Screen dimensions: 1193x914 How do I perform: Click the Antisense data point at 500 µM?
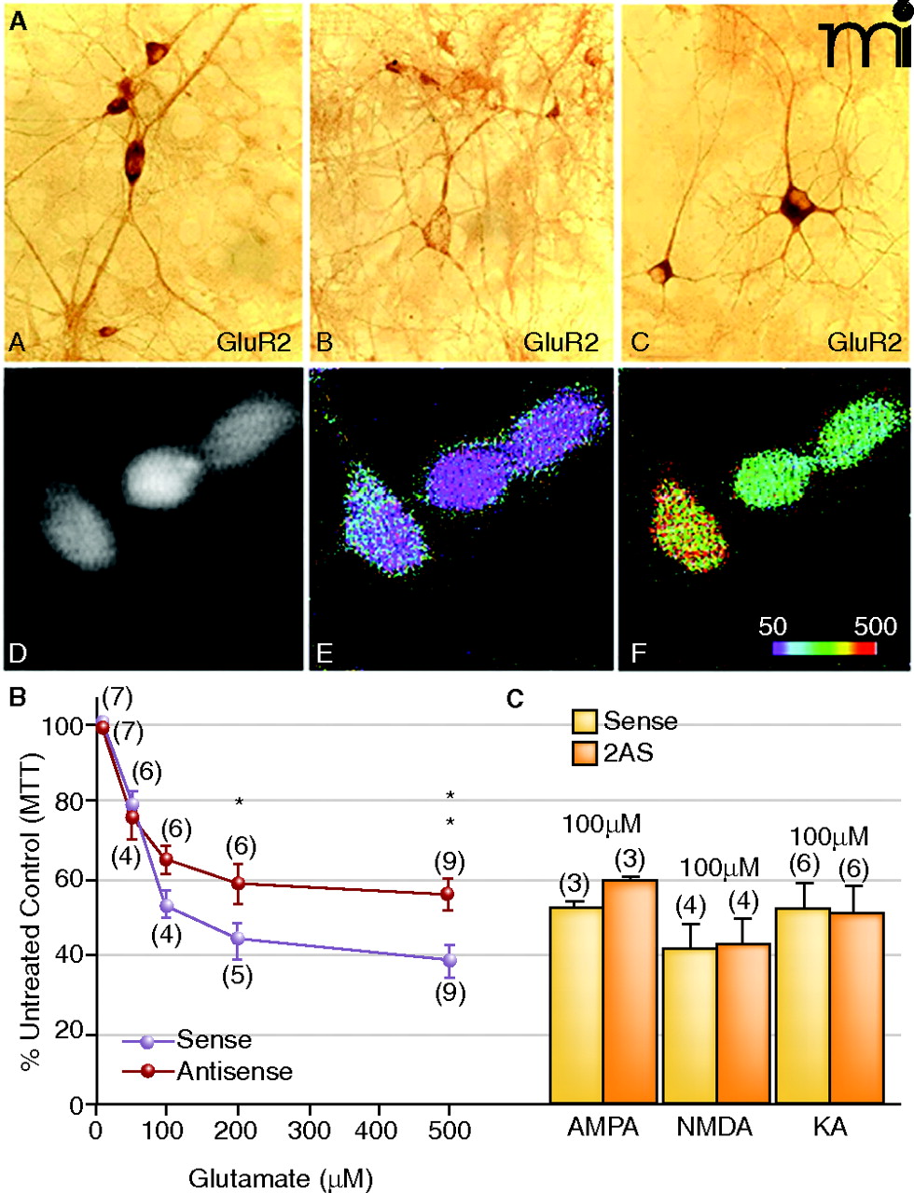pos(449,894)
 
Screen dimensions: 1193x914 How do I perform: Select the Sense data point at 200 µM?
pos(239,939)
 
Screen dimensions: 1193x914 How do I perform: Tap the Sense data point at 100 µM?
pos(167,905)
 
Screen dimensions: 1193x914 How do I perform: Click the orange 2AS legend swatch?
pos(584,752)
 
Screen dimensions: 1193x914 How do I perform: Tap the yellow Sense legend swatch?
pos(584,720)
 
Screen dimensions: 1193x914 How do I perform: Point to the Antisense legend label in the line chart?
pos(234,1072)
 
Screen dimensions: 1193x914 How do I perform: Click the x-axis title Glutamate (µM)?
pos(280,1178)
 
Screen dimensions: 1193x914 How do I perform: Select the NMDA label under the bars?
pos(714,1127)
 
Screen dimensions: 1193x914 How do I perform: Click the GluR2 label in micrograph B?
pos(561,342)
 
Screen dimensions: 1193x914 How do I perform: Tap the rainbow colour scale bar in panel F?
pos(824,649)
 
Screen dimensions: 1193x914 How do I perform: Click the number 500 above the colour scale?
pos(875,625)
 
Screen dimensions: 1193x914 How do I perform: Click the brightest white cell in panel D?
pos(163,473)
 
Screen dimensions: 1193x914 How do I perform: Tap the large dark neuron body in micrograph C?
pos(796,206)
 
